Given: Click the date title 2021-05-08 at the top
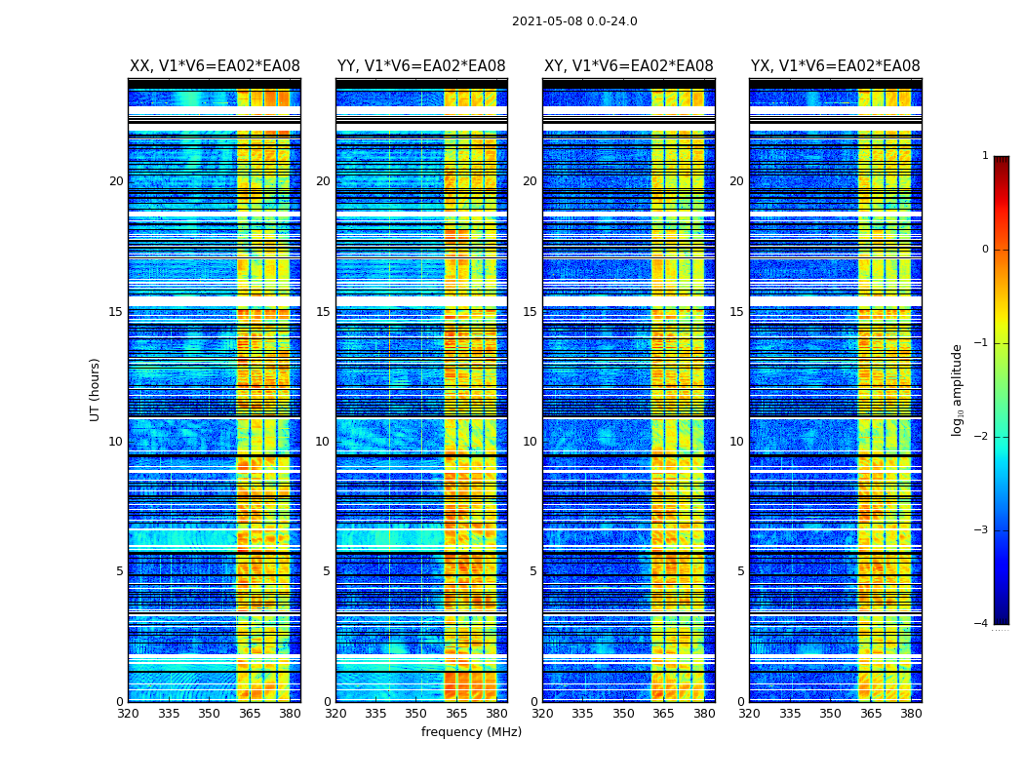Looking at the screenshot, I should click(x=574, y=21).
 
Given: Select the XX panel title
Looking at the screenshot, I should click(x=215, y=66).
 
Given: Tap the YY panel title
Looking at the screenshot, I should click(x=421, y=66).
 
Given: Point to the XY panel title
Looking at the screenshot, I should click(x=628, y=66).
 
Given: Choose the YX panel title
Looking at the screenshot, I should click(x=835, y=66).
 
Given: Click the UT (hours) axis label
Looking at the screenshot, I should click(x=96, y=389).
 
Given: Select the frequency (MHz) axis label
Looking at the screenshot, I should click(x=471, y=732).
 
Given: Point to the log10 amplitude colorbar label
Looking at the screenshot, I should click(x=958, y=389).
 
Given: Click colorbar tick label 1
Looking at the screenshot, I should click(x=985, y=156).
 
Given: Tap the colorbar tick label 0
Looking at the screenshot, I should click(x=985, y=250).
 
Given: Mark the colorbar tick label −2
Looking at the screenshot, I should click(x=982, y=437).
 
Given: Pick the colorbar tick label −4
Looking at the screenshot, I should click(x=982, y=624).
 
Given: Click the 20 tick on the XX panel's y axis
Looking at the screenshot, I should click(x=116, y=181).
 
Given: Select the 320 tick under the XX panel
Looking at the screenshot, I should click(x=129, y=714).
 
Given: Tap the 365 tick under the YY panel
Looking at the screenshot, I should click(x=456, y=714).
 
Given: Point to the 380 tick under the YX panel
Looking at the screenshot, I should click(x=911, y=714).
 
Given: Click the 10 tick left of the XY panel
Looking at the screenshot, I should click(x=530, y=442).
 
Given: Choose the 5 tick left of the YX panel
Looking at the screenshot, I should click(x=740, y=571).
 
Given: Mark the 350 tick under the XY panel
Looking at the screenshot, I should click(x=623, y=714).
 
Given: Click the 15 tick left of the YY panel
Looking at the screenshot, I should click(x=323, y=312).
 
